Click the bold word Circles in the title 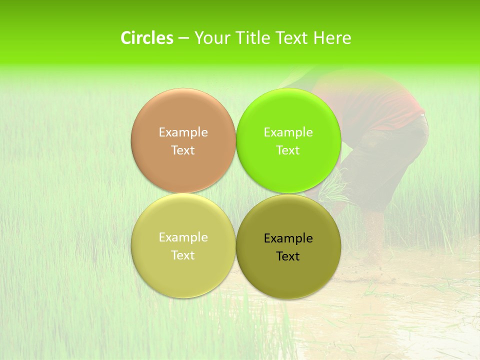(x=146, y=38)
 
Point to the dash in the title (x=183, y=38)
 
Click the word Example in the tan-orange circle (x=183, y=132)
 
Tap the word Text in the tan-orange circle (x=183, y=150)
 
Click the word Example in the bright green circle (x=288, y=132)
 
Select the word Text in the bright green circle (x=288, y=150)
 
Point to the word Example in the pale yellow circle (x=183, y=237)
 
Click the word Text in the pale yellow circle (x=183, y=255)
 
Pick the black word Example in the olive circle (x=288, y=238)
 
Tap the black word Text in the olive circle (x=288, y=256)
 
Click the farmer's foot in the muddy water (x=372, y=250)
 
